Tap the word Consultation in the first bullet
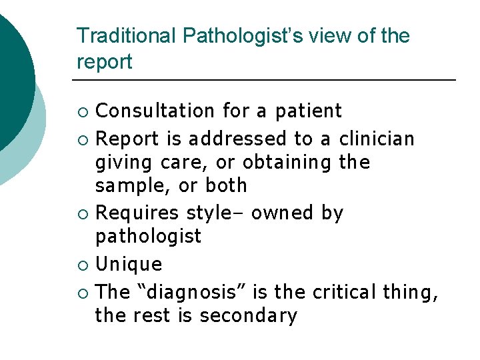153,110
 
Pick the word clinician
377,139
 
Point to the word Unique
129,264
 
